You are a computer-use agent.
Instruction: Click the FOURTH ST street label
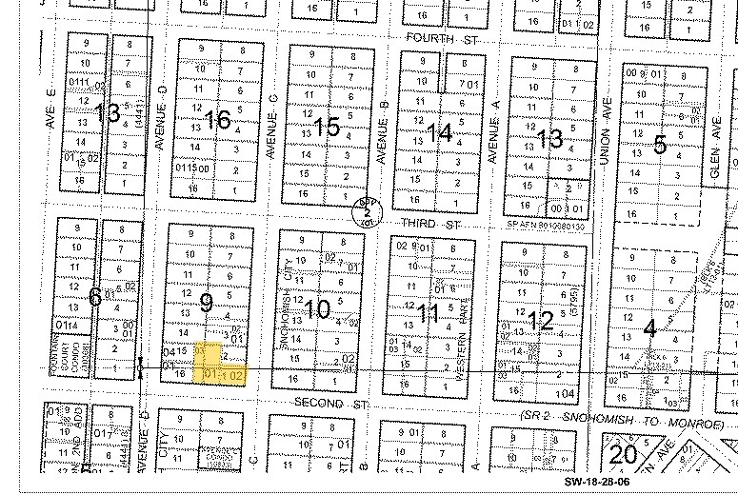point(438,38)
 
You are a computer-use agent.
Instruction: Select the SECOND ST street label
point(330,404)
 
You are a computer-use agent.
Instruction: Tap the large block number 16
point(218,120)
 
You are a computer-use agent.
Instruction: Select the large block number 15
point(327,127)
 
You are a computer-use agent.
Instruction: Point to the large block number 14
point(439,133)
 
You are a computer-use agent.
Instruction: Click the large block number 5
point(659,145)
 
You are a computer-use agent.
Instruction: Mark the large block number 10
point(318,308)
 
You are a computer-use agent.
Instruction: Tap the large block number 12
point(540,320)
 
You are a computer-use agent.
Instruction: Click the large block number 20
point(623,454)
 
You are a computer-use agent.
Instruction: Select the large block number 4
point(649,329)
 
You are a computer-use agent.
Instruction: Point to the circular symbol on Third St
point(365,209)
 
